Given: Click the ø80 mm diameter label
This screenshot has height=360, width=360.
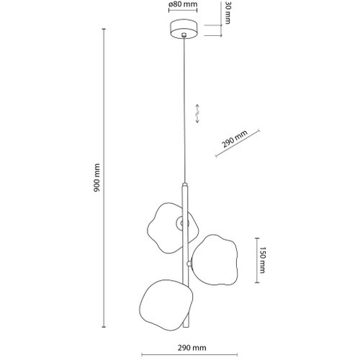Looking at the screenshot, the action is [183, 4].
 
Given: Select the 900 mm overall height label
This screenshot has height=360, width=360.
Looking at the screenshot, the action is [96, 178].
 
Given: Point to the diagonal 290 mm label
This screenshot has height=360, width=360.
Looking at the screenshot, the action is [234, 139].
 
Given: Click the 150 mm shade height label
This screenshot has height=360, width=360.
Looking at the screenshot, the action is [262, 260].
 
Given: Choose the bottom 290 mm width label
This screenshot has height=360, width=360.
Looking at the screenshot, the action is [192, 348].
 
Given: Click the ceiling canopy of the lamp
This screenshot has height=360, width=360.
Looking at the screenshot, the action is [184, 29].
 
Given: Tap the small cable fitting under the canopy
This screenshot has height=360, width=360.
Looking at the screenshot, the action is [184, 35].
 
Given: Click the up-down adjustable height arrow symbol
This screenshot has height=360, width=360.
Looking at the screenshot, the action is [197, 114].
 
